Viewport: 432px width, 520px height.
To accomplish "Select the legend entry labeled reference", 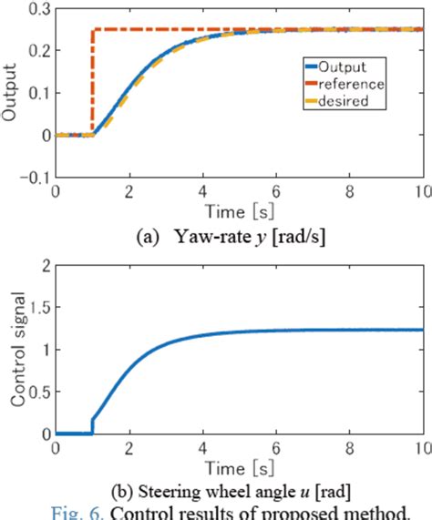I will click(x=351, y=84).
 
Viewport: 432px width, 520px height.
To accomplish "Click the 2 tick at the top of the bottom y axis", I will click(x=43, y=265).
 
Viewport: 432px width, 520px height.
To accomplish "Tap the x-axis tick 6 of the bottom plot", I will click(x=276, y=450).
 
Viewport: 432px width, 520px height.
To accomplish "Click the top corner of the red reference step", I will click(x=93, y=30).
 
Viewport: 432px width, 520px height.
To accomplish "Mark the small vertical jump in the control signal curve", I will click(x=93, y=427).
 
